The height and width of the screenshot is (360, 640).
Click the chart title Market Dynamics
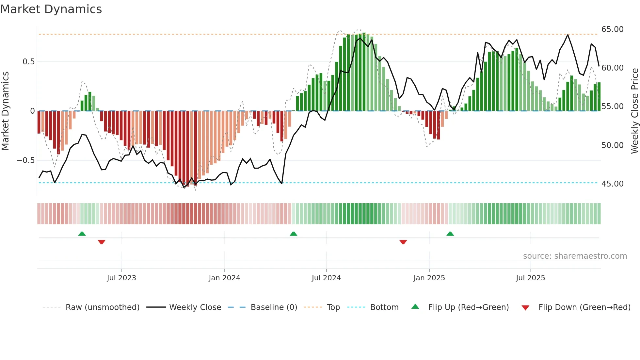click(51, 9)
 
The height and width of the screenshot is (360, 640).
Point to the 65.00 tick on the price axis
click(612, 29)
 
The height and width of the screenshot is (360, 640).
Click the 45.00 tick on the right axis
click(612, 184)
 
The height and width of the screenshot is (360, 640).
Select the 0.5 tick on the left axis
click(28, 62)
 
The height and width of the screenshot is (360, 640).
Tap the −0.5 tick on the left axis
click(25, 160)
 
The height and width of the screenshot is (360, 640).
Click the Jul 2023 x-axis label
click(121, 278)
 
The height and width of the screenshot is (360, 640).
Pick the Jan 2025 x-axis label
click(429, 278)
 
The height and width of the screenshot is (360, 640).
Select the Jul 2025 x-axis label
click(530, 278)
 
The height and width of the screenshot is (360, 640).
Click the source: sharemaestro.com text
click(575, 256)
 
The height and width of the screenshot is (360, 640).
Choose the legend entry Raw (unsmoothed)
click(102, 307)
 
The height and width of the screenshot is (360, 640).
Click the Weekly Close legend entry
click(195, 307)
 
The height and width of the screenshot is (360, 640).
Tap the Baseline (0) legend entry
click(274, 307)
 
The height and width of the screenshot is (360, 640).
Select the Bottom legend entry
click(384, 307)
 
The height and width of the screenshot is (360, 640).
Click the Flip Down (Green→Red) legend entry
click(584, 307)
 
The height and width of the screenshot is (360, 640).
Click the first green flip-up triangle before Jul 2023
click(82, 234)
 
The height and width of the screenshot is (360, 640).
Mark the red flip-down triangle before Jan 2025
click(403, 242)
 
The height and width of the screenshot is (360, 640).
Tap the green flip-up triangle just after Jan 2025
click(450, 234)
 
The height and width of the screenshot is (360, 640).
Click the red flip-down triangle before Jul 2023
click(102, 242)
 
